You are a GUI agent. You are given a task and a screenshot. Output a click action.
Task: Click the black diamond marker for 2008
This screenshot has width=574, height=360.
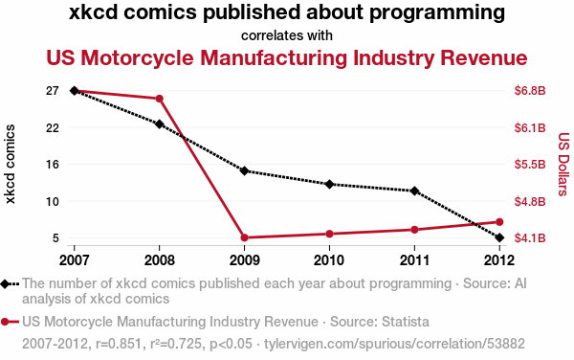click(159, 124)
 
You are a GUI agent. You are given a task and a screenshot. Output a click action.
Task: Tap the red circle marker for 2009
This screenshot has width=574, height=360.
click(245, 237)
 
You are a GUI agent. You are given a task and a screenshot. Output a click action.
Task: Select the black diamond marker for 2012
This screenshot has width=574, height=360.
click(499, 237)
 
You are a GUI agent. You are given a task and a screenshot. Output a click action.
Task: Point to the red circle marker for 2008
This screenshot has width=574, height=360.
click(159, 99)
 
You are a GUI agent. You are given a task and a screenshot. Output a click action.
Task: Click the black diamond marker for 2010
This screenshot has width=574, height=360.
click(329, 184)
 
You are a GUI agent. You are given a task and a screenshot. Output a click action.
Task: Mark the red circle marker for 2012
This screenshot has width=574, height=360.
click(499, 222)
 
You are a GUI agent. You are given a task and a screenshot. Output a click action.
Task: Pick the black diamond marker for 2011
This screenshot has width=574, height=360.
click(414, 191)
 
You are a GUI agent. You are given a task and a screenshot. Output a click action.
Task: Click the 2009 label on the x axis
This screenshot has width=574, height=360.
click(245, 260)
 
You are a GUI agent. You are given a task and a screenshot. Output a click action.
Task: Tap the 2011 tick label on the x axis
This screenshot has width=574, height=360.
click(414, 260)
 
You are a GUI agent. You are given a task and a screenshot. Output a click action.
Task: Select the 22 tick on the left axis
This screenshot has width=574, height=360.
click(53, 127)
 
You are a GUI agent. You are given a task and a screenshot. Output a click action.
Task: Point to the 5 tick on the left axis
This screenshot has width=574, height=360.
click(55, 238)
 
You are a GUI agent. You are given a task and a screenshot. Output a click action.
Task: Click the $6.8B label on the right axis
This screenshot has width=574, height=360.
click(530, 90)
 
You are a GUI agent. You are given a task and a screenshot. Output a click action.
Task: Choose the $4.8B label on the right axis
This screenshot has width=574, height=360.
click(530, 201)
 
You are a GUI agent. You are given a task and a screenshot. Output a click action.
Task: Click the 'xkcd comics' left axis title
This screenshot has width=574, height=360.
click(10, 164)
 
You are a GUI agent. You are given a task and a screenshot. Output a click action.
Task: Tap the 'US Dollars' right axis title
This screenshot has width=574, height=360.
click(563, 164)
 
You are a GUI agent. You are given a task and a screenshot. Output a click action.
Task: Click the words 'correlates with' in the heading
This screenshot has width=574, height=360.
click(287, 35)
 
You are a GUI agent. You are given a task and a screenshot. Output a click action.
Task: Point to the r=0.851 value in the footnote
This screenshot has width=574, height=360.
click(119, 344)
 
